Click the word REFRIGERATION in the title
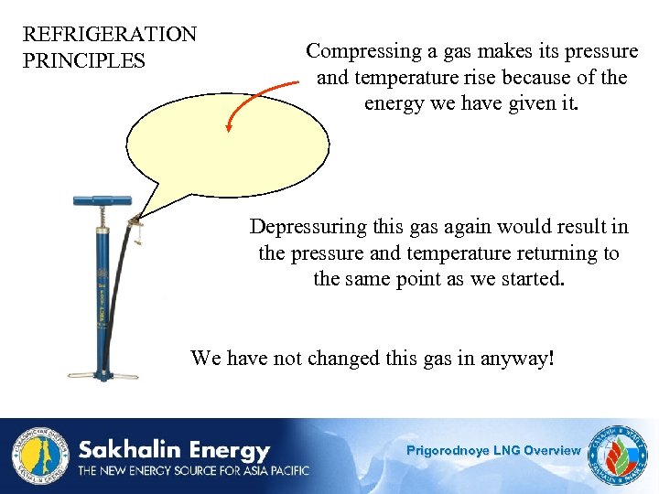pyautogui.click(x=109, y=35)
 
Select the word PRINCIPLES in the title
pyautogui.click(x=83, y=61)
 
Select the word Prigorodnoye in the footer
pyautogui.click(x=448, y=450)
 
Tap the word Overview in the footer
pyautogui.click(x=552, y=450)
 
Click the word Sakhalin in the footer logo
pyautogui.click(x=126, y=450)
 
